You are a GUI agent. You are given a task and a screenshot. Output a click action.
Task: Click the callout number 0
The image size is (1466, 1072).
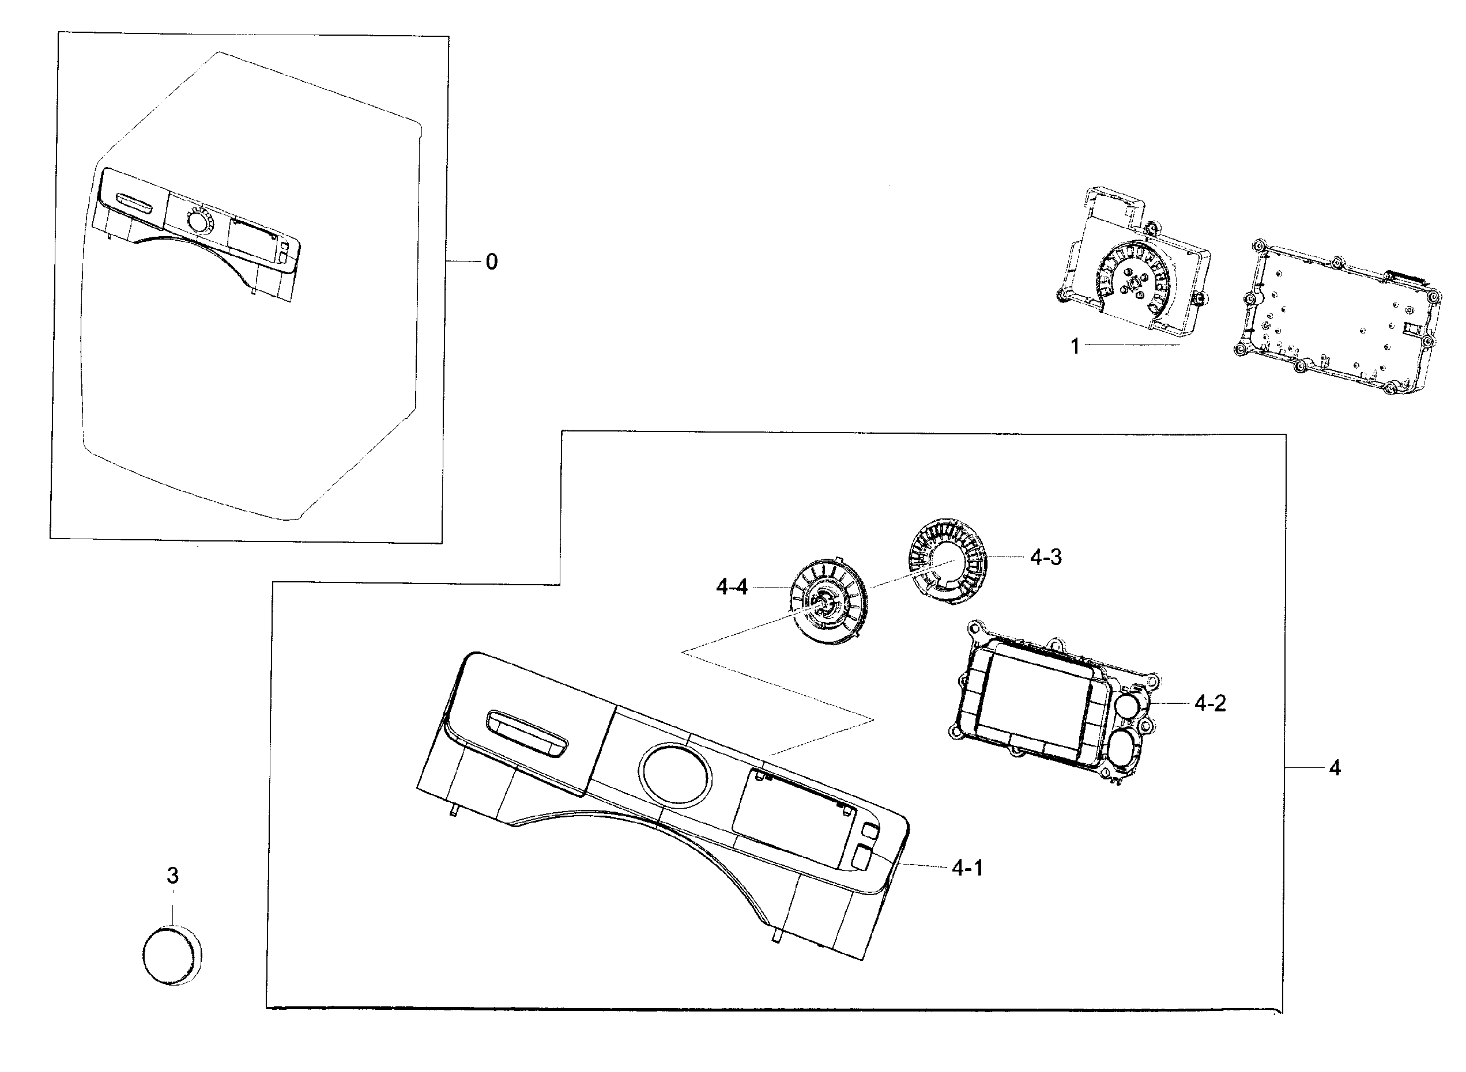(492, 262)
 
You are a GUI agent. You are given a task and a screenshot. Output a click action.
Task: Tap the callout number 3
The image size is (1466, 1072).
(173, 876)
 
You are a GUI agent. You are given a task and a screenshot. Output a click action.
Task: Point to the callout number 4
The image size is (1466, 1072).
(1334, 768)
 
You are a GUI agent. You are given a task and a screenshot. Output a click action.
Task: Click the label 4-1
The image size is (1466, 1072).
(967, 868)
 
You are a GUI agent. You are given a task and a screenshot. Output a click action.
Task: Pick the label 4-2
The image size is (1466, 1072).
(1210, 703)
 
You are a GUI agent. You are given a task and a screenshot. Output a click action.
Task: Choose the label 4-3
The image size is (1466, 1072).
(1046, 557)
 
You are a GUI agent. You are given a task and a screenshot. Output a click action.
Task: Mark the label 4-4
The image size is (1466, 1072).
(732, 587)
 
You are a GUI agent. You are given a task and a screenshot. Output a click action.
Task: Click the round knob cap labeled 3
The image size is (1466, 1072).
(171, 956)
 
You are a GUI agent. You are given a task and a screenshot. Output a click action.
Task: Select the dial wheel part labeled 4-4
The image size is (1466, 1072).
(828, 604)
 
